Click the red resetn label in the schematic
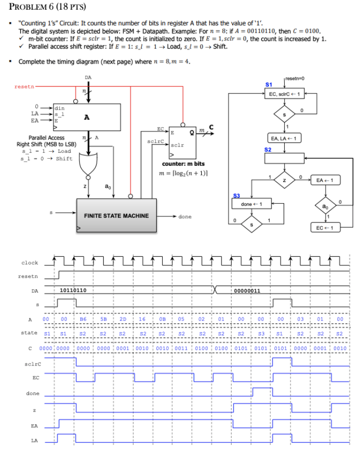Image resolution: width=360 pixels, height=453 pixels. click(x=24, y=87)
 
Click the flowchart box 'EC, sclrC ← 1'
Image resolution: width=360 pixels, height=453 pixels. click(x=284, y=94)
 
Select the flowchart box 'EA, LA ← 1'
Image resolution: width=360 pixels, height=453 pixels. click(x=284, y=138)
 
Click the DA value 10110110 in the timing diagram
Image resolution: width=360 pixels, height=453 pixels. click(x=73, y=290)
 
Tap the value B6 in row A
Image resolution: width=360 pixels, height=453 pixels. click(x=82, y=320)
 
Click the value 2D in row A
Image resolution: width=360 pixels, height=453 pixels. click(x=122, y=320)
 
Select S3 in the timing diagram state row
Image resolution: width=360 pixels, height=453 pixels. click(x=261, y=333)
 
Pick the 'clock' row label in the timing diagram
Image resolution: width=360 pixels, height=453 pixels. click(x=29, y=263)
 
